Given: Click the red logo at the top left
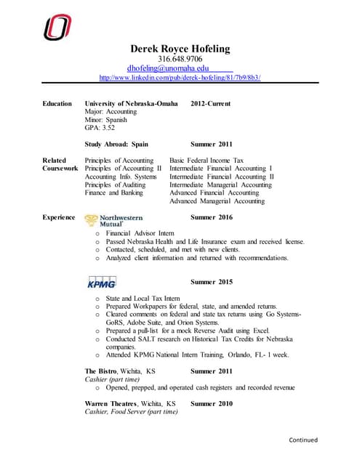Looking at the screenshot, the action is click(x=57, y=27).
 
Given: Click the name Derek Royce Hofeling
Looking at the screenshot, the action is click(x=180, y=49).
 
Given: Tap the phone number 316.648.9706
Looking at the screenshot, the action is click(x=180, y=59).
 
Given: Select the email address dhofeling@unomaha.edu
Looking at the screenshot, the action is click(x=168, y=68).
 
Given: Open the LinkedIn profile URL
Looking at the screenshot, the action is click(x=179, y=77).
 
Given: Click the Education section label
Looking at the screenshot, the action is click(x=57, y=104).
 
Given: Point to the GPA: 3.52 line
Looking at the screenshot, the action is click(x=100, y=127).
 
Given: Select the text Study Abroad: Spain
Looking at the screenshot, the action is click(x=116, y=144).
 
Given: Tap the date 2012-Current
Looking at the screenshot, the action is click(x=211, y=104).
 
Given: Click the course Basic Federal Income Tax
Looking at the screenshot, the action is click(x=207, y=160).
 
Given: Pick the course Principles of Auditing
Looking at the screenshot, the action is click(x=115, y=185).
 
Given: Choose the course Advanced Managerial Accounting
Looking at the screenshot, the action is click(x=217, y=201).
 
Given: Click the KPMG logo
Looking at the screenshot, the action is click(x=102, y=283).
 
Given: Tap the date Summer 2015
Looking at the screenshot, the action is click(x=211, y=281).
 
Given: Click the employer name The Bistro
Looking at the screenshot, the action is click(x=103, y=371).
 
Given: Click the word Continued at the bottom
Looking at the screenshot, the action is click(x=303, y=440).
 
